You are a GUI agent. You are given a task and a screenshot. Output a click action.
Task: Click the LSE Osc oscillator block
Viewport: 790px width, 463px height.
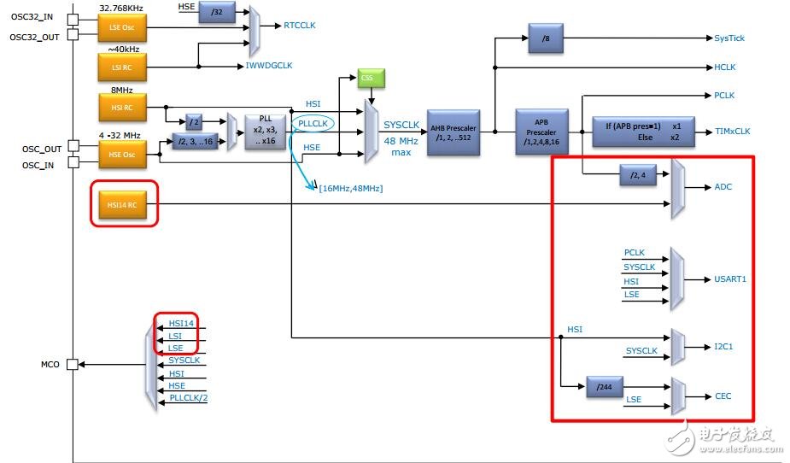click(x=121, y=28)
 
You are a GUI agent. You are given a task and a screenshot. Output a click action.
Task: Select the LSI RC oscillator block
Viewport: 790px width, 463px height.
click(x=121, y=65)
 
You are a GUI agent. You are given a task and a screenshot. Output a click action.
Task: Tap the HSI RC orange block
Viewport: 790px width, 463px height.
click(x=121, y=108)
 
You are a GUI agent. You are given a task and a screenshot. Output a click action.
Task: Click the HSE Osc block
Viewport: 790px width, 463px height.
click(x=121, y=155)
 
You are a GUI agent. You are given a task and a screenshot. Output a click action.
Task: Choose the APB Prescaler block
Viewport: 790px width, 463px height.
click(x=541, y=132)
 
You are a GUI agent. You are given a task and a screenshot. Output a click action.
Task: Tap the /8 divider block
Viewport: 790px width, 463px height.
click(x=546, y=38)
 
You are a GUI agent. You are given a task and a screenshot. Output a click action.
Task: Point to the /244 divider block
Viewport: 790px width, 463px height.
click(x=606, y=386)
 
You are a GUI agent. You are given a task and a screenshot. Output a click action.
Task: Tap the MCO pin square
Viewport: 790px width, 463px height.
click(x=73, y=364)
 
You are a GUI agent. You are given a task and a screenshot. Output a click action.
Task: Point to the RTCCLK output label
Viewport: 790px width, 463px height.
click(x=299, y=26)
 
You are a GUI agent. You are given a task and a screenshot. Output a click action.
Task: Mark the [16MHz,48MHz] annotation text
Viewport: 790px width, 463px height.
click(x=350, y=187)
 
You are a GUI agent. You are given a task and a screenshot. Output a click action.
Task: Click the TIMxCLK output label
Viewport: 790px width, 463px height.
click(x=734, y=132)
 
